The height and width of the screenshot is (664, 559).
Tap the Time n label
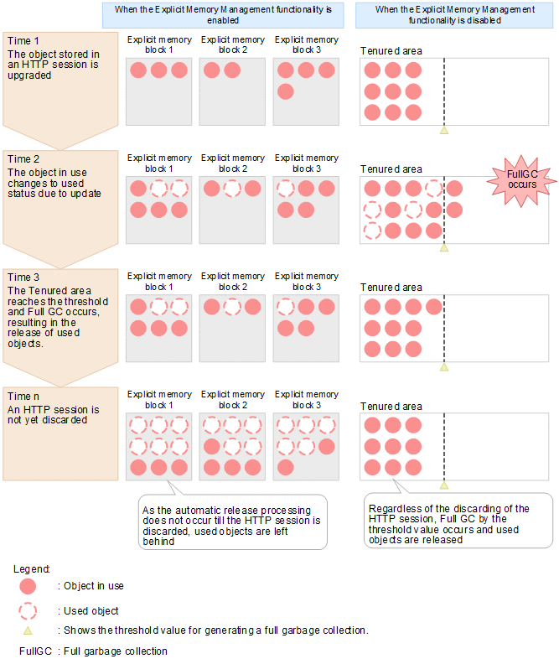coord(23,395)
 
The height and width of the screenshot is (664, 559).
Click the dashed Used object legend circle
coord(28,610)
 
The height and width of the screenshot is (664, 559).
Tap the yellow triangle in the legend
coord(28,630)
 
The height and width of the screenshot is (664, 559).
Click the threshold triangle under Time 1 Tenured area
coord(444,130)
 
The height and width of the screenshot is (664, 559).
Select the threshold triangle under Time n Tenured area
coord(444,485)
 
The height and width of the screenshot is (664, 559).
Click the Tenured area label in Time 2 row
coord(391,169)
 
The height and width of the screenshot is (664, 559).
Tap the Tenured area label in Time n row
coord(391,406)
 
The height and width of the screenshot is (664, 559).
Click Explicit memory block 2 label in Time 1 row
coord(232,45)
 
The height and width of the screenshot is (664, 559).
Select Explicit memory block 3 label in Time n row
coord(306,400)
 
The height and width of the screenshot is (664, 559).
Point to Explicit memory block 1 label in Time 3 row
coord(159,282)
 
